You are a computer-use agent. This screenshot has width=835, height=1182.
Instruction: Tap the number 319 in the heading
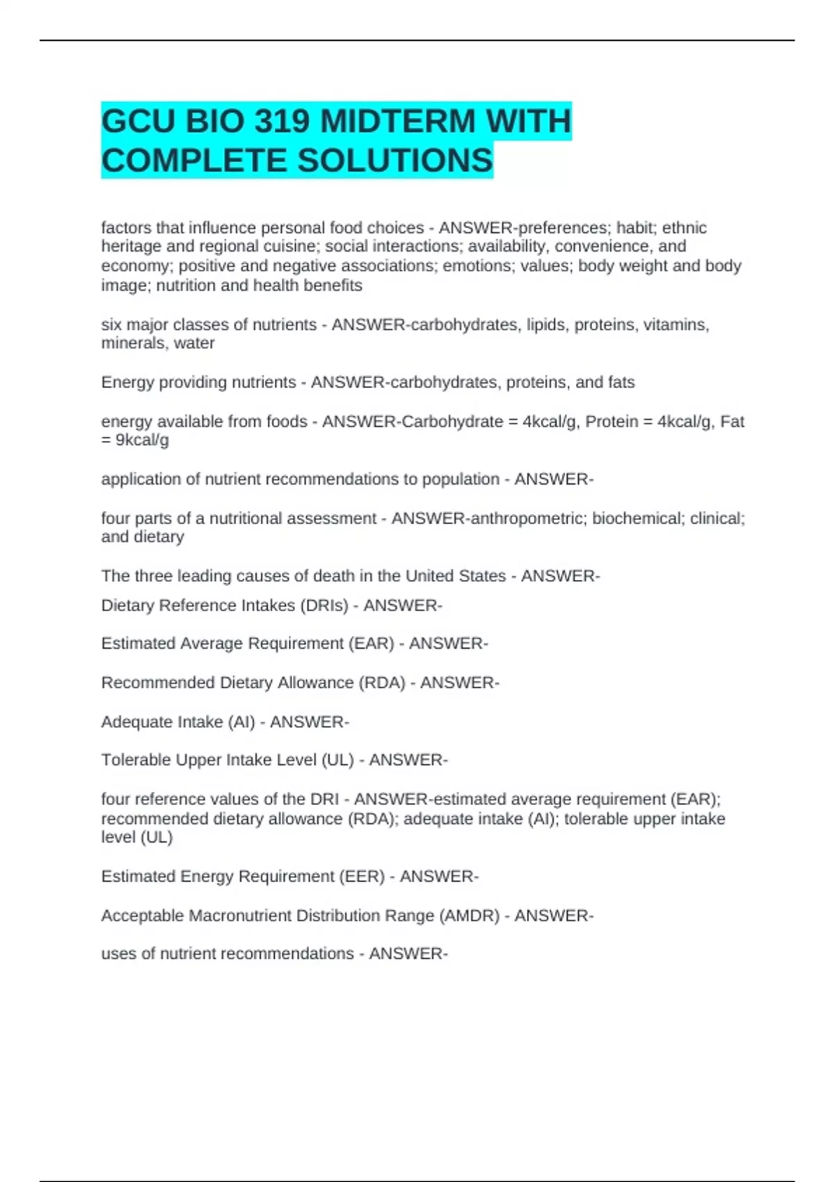tap(282, 122)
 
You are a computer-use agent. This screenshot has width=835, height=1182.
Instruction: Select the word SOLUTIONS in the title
tap(395, 161)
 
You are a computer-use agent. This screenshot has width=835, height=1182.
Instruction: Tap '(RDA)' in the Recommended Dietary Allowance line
tap(381, 683)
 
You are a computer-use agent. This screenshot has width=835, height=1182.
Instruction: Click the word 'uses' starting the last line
tap(118, 954)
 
